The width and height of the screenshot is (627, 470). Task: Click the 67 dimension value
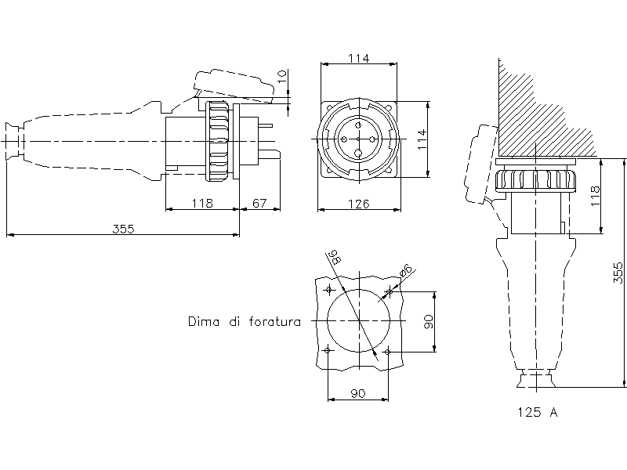pyautogui.click(x=259, y=204)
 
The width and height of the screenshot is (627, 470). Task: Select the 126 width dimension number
pyautogui.click(x=358, y=204)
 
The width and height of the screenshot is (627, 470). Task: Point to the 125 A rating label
pyautogui.click(x=537, y=411)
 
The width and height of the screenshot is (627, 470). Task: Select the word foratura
pyautogui.click(x=274, y=321)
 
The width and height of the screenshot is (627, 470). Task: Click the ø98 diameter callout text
pyautogui.click(x=334, y=257)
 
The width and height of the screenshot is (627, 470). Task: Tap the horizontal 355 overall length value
pyautogui.click(x=123, y=229)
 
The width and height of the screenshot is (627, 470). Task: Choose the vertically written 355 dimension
pyautogui.click(x=618, y=273)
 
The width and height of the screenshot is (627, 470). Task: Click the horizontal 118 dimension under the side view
pyautogui.click(x=202, y=204)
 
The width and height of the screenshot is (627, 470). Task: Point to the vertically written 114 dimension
pyautogui.click(x=422, y=139)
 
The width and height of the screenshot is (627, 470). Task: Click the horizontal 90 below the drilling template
pyautogui.click(x=358, y=394)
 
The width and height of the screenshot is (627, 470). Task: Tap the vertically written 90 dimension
pyautogui.click(x=428, y=322)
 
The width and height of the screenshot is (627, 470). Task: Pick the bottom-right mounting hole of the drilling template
pyautogui.click(x=388, y=352)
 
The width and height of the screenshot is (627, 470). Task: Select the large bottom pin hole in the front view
pyautogui.click(x=359, y=154)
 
